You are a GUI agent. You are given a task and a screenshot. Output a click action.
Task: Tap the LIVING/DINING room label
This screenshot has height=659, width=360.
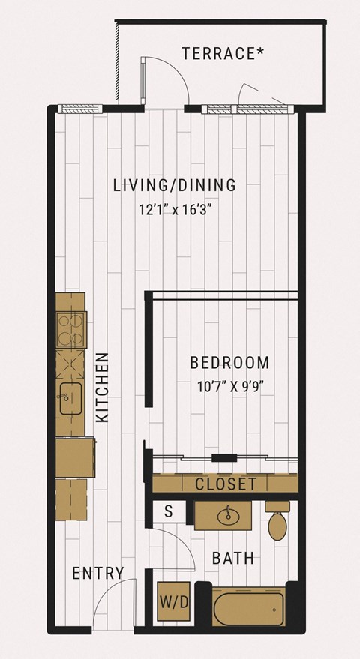point(175,185)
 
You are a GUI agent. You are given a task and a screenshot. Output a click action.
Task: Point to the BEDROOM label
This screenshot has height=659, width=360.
point(229,362)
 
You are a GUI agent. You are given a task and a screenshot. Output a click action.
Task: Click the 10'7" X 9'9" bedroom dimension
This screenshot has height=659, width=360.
point(230,386)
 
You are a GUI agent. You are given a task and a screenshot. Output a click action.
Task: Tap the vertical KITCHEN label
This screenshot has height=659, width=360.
point(102,387)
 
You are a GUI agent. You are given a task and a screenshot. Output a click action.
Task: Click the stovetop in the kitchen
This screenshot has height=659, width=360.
point(71,330)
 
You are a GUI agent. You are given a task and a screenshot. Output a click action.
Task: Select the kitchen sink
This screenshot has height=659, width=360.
point(70,398)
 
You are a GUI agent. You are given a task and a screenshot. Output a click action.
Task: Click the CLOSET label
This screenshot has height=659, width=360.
point(226,484)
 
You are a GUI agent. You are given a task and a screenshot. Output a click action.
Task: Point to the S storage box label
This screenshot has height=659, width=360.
point(169,511)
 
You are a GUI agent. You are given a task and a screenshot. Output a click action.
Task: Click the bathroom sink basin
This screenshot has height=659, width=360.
point(229,516)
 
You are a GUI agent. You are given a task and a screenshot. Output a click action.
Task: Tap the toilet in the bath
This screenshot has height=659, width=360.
point(277,520)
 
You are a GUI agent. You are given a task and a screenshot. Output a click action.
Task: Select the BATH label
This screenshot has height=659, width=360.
point(233,558)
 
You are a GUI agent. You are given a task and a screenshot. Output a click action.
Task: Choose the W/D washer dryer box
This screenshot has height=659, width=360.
point(173,602)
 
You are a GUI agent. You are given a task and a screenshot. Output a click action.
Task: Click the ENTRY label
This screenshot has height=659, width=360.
point(98,573)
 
